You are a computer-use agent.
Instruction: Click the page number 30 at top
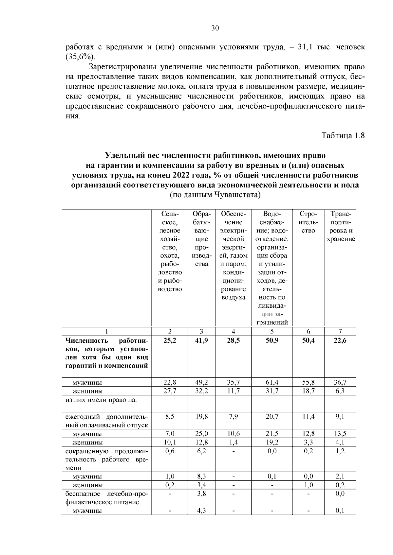coord(215,28)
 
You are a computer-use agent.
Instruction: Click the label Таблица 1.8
coord(343,135)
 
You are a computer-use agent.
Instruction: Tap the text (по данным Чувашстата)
coord(215,195)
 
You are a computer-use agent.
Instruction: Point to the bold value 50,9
coord(272,340)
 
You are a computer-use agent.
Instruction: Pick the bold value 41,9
coord(201,340)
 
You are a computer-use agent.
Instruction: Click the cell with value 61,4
coord(272,382)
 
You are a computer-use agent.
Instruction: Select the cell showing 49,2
coord(201,382)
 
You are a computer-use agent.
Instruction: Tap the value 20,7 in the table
coord(272,417)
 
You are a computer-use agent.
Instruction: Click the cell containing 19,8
coord(201,417)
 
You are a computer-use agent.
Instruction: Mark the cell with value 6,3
coord(340,391)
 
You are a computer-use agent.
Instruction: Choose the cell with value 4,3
coord(201,511)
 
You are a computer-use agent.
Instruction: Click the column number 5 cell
coord(272,331)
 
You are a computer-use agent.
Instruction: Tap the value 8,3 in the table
coord(201,477)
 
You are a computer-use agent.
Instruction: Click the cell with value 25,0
coord(201,434)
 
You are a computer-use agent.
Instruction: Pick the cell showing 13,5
coord(340,434)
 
